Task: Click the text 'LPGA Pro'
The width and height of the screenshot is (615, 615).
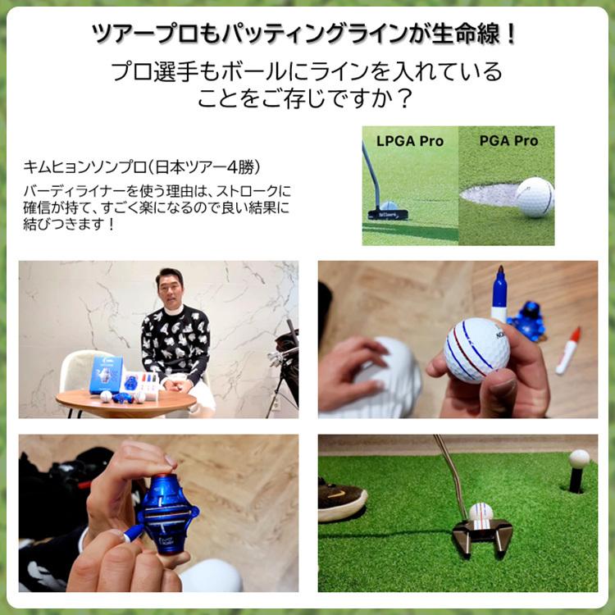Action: tap(409, 141)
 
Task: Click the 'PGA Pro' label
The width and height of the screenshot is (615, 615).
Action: tap(508, 141)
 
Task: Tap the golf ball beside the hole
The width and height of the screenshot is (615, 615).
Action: tap(535, 197)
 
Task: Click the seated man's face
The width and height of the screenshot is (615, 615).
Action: tap(170, 291)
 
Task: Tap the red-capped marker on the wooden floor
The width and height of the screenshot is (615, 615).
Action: tap(567, 351)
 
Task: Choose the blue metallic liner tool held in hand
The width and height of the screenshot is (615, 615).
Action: tap(167, 512)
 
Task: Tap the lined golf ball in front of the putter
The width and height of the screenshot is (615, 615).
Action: tap(481, 512)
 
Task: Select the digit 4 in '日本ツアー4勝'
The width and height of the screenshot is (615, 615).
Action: tap(235, 167)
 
